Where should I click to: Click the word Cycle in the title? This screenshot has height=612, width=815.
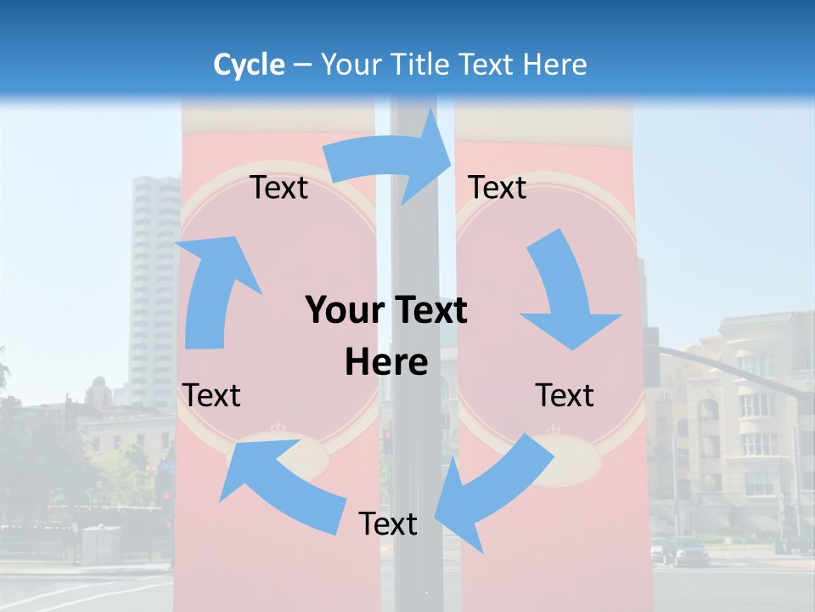[249, 65]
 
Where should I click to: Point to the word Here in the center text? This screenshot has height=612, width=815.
[386, 363]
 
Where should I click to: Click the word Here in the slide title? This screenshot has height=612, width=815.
[555, 65]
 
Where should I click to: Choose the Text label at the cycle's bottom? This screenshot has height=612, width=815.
[388, 524]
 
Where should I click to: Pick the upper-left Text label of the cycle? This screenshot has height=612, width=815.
[279, 187]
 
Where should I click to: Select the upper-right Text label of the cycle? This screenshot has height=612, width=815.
[497, 187]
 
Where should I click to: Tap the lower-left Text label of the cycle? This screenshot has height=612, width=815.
[212, 395]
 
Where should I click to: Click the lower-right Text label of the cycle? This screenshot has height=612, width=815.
[565, 395]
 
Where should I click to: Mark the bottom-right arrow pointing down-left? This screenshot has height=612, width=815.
[492, 484]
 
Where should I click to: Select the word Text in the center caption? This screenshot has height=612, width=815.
[430, 311]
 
